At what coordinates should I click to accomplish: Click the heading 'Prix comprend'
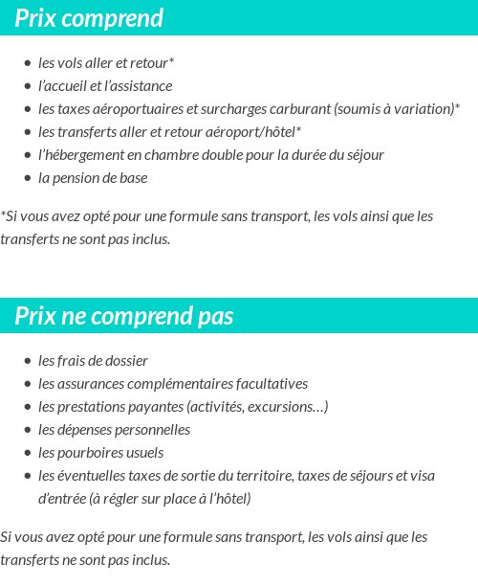[89, 18]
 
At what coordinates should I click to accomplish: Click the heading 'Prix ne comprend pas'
[123, 316]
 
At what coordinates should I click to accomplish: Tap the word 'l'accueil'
[62, 86]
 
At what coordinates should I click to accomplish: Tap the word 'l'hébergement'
[79, 155]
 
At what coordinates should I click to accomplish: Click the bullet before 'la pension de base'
[28, 178]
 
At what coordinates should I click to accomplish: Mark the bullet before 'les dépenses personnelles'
[28, 430]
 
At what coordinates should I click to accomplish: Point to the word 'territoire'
[263, 476]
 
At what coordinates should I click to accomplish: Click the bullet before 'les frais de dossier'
[28, 361]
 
